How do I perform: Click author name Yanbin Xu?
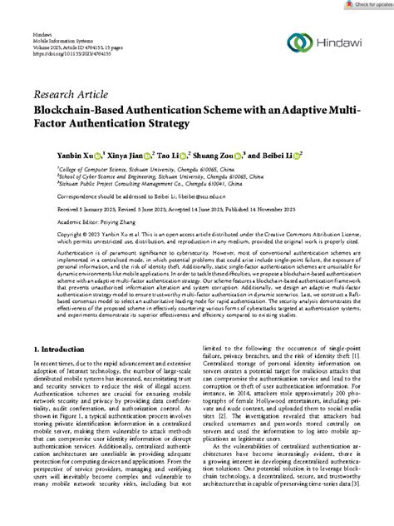[76, 154]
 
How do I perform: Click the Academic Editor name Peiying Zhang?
[121, 223]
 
